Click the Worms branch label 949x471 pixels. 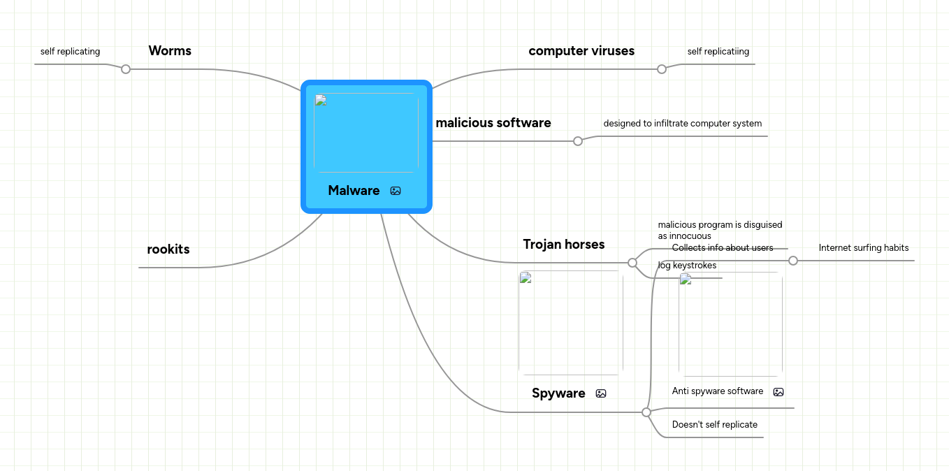pyautogui.click(x=170, y=51)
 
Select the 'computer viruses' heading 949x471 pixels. pyautogui.click(x=581, y=51)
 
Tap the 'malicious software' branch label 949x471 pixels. pyautogui.click(x=493, y=123)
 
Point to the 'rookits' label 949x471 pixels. pyautogui.click(x=168, y=249)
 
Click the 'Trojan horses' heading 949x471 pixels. pyautogui.click(x=563, y=245)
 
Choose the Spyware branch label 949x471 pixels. pyautogui.click(x=558, y=393)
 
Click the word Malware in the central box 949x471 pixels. pyautogui.click(x=354, y=191)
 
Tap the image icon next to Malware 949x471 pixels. pyautogui.click(x=396, y=191)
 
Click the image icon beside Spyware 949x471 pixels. pyautogui.click(x=601, y=393)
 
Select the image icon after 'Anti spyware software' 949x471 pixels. pyautogui.click(x=778, y=392)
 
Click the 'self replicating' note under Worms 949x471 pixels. pyautogui.click(x=70, y=52)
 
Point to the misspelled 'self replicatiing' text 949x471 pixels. pyautogui.click(x=718, y=52)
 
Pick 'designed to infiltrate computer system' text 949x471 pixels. pyautogui.click(x=682, y=124)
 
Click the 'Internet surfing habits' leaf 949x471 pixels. pyautogui.click(x=863, y=248)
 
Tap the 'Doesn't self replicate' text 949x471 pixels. pyautogui.click(x=714, y=425)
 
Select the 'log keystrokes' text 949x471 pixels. pyautogui.click(x=687, y=266)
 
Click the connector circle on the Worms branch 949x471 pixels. pyautogui.click(x=126, y=69)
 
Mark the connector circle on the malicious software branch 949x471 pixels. pyautogui.click(x=578, y=141)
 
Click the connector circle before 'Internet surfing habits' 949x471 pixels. pyautogui.click(x=793, y=261)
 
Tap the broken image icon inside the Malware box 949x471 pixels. pyautogui.click(x=321, y=100)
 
